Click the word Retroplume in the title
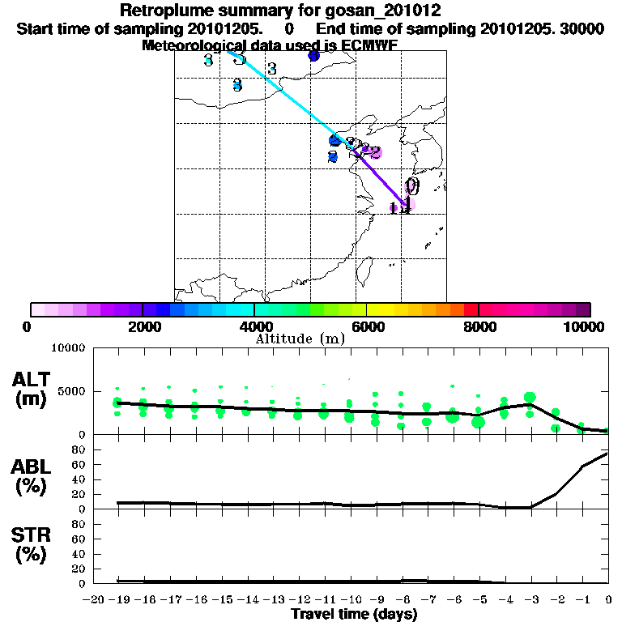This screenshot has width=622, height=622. [x=165, y=11]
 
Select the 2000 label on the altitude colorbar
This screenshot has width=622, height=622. [x=143, y=327]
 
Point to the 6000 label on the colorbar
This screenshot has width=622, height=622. [x=366, y=327]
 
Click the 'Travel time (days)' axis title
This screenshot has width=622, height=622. [x=354, y=615]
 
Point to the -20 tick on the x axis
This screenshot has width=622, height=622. [x=94, y=599]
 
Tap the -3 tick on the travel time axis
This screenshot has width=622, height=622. [x=530, y=599]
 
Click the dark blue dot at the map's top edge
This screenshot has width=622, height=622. [x=314, y=56]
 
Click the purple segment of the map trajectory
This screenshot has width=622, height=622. [x=381, y=179]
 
